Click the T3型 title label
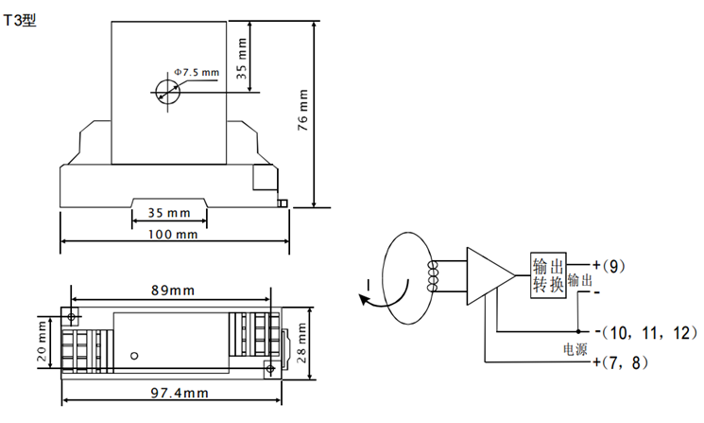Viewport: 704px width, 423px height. coord(20,20)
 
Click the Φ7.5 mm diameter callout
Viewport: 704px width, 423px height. coord(197,72)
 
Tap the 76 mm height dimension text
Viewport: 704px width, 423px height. coord(303,110)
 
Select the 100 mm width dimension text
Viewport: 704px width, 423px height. coord(173,234)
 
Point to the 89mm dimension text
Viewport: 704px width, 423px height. coord(173,291)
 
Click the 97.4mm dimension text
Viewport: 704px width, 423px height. coord(180,394)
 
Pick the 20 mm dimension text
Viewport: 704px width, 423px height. coord(42,342)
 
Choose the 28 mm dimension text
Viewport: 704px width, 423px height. coord(301,343)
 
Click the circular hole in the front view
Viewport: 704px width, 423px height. coord(168,92)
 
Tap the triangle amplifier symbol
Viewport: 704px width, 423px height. coord(490,275)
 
